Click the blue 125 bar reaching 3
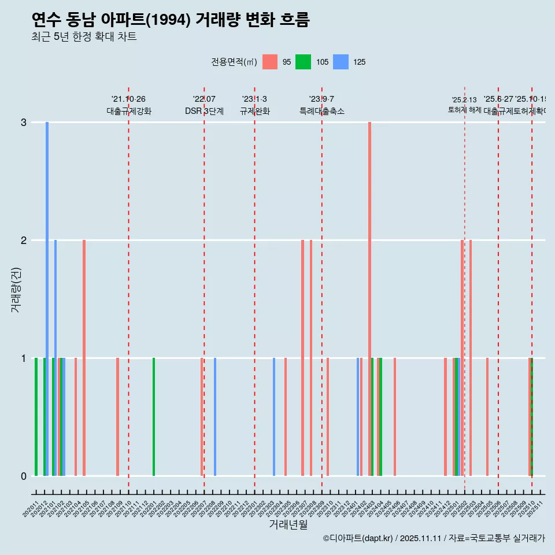(47, 298)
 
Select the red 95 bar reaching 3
(369, 298)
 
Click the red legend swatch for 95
(269, 62)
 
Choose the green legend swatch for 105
(303, 62)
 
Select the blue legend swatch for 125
(342, 62)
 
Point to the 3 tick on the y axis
(24, 123)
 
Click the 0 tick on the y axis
(24, 476)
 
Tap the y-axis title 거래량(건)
(16, 290)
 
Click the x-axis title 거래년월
(288, 524)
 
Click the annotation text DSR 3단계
(204, 111)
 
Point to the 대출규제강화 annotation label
(129, 111)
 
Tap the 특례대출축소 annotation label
(322, 111)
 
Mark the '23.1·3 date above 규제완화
(254, 99)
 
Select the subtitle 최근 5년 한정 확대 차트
(84, 37)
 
